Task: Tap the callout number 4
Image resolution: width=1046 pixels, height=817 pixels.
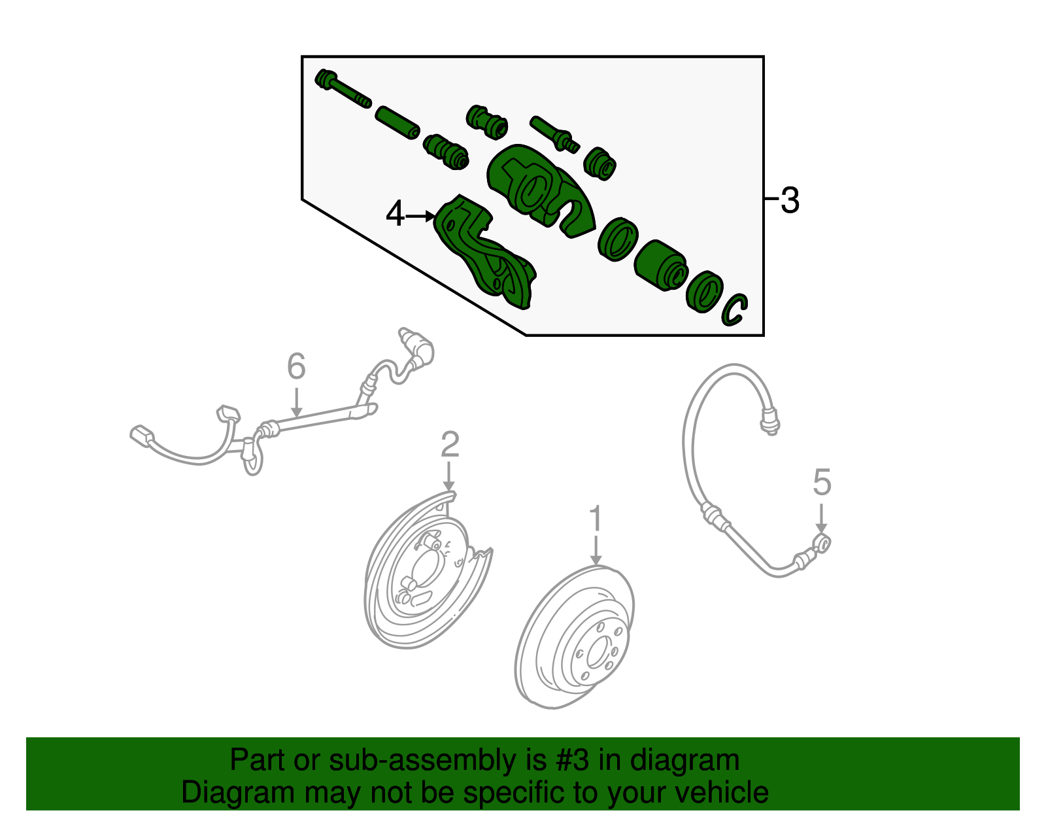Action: point(395,214)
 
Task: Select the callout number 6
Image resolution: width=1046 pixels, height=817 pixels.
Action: point(296,366)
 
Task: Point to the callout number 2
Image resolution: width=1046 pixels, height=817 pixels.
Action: point(450,444)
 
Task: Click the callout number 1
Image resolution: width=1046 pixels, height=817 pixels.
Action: point(596,518)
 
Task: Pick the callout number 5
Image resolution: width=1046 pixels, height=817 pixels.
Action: point(822,482)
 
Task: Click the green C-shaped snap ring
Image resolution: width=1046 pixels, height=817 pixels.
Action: point(735,311)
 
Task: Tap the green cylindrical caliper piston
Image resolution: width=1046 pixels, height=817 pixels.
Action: point(660,266)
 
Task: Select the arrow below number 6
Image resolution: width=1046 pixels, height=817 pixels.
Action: point(297,402)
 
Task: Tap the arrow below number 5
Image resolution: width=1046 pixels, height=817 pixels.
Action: point(822,518)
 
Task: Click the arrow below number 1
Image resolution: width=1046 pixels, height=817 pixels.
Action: point(596,550)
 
